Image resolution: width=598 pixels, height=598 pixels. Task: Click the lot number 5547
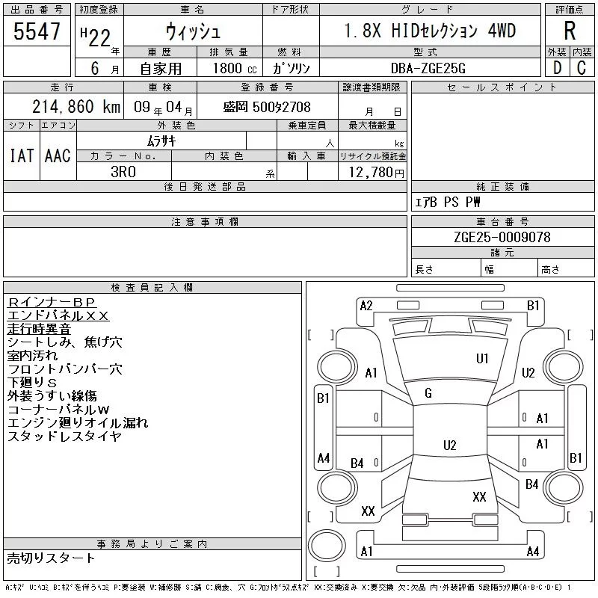(x=37, y=31)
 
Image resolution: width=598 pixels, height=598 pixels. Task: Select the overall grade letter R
(x=570, y=31)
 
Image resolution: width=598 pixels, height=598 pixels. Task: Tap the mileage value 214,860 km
(x=76, y=107)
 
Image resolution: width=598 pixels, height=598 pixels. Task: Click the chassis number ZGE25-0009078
(x=502, y=237)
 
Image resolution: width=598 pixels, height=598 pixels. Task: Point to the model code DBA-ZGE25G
(x=428, y=68)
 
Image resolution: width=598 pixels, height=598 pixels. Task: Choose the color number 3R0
(x=123, y=172)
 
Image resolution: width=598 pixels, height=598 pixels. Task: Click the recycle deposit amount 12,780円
(x=376, y=173)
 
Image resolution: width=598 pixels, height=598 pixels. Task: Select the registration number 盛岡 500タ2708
(x=267, y=107)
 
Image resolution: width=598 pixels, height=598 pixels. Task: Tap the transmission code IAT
(x=22, y=155)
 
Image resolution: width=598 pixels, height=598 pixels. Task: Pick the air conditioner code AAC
(x=58, y=155)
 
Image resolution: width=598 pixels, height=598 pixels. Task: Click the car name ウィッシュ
(x=193, y=31)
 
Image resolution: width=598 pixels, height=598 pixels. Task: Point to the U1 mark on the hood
(x=482, y=359)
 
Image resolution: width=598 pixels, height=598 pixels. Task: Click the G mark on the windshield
(x=428, y=393)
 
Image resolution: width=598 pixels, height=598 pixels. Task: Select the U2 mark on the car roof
(x=450, y=446)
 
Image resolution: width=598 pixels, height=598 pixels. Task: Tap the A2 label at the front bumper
(x=366, y=306)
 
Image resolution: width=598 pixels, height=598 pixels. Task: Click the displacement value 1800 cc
(x=235, y=68)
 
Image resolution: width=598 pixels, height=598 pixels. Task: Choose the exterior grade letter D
(x=557, y=68)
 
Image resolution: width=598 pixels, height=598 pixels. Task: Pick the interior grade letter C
(x=582, y=68)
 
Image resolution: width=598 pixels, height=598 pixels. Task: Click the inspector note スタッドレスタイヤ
(x=64, y=436)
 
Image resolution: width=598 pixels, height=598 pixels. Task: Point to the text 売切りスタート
(x=51, y=558)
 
